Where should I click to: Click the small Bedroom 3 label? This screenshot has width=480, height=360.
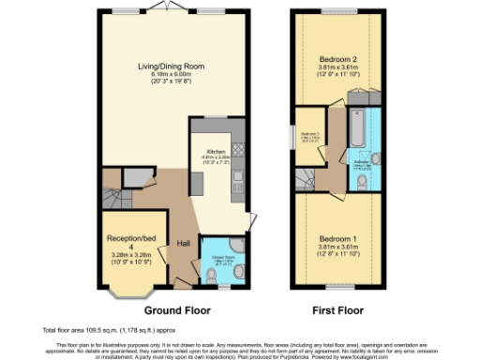point(310,135)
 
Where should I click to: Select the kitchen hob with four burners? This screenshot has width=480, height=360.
point(237,148)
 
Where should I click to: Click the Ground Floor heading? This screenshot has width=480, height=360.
point(176,308)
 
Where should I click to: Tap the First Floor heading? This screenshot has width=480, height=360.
point(337,308)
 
